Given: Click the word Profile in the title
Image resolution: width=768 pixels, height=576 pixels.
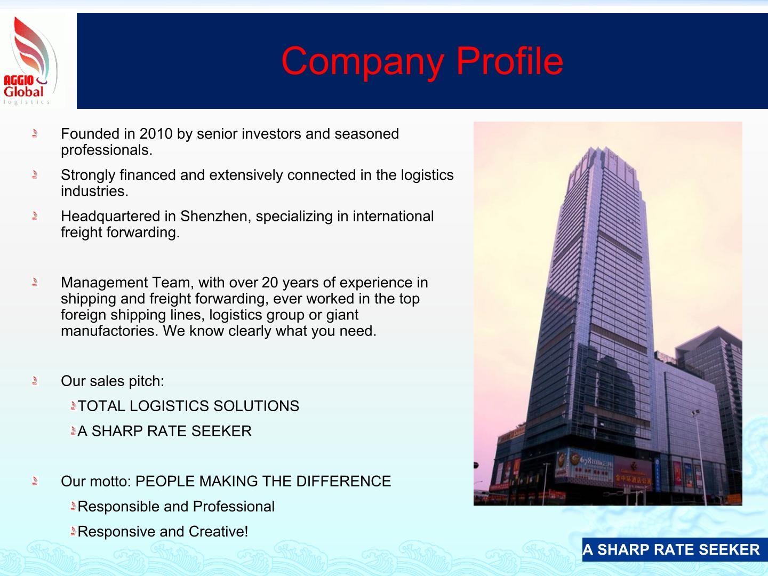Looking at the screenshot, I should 509,60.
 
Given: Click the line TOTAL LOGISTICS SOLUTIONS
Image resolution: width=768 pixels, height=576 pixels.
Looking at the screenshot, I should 188,406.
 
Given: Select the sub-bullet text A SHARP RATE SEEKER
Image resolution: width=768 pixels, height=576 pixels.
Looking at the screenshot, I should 164,431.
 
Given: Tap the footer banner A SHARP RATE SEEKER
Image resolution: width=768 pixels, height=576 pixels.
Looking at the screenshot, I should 671,550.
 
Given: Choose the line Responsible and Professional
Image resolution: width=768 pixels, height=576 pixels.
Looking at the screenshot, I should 176,507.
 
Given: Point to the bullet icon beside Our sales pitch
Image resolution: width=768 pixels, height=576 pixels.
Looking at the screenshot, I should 35,381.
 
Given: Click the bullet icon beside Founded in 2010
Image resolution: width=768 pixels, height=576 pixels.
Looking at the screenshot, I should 35,133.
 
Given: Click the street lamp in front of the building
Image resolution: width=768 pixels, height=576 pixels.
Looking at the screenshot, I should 697,414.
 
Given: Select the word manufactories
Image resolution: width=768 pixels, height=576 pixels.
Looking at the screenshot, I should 109,331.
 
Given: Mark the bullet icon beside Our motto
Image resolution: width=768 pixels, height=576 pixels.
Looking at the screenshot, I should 35,481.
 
